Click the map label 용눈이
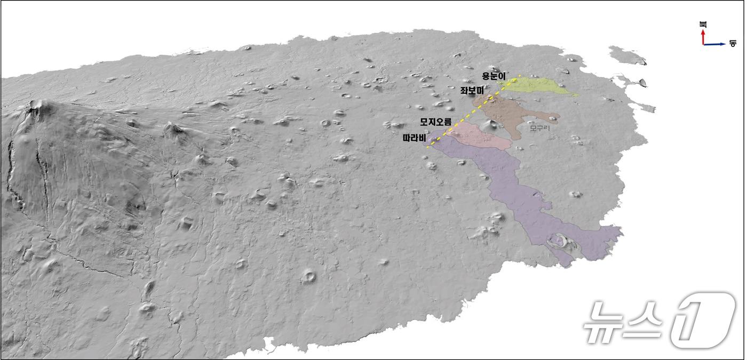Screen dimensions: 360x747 [x=494, y=76]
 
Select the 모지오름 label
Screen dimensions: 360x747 [x=436, y=122]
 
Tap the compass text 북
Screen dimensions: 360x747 [x=703, y=24]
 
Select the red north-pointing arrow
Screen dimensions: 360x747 [x=703, y=36]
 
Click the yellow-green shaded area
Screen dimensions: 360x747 [x=539, y=85]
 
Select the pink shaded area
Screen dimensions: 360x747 [x=480, y=135]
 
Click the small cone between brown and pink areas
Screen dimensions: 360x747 [x=490, y=125]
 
